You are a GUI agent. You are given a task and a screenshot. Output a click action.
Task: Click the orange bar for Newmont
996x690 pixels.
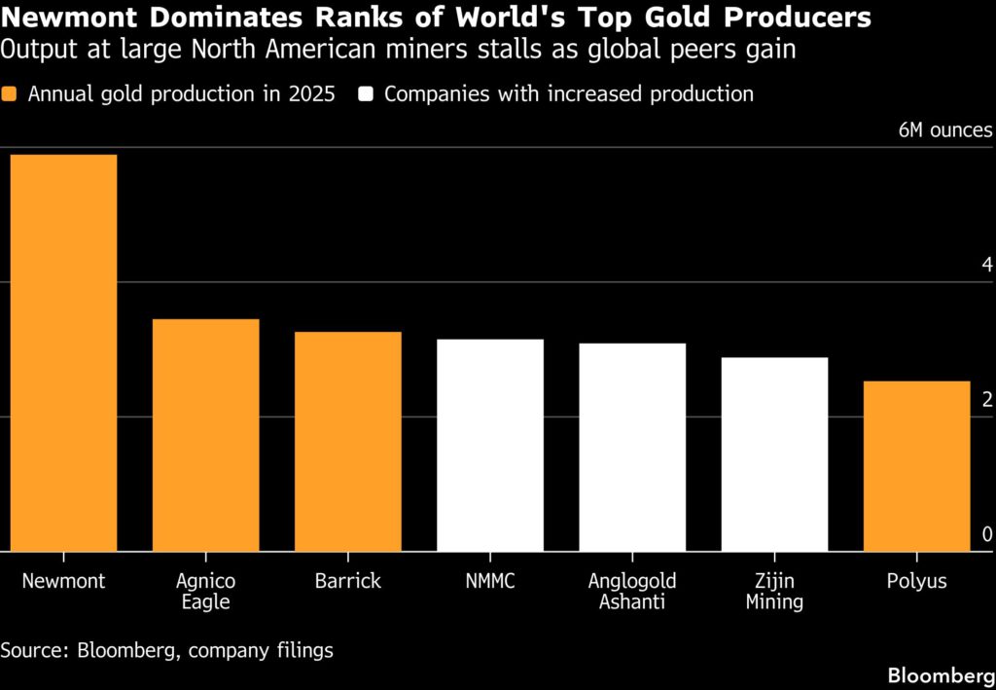[x=63, y=353]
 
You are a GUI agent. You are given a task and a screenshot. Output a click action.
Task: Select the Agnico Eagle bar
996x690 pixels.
[x=205, y=435]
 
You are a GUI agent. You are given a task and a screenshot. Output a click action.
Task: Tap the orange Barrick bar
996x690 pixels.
[x=348, y=442]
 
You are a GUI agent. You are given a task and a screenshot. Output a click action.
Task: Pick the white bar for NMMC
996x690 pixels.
[x=490, y=446]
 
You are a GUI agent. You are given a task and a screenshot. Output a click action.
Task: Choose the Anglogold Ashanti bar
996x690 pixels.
[x=632, y=448]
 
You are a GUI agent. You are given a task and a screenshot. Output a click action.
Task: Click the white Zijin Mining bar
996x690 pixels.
[x=774, y=454]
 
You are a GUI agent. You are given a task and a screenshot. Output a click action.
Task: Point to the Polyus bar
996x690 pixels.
[x=916, y=466]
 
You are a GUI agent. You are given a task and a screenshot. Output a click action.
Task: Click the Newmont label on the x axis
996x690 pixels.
[x=63, y=582]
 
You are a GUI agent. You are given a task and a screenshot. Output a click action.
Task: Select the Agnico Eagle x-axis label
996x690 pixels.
[x=205, y=592]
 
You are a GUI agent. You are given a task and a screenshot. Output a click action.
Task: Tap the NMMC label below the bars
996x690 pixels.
[x=490, y=582]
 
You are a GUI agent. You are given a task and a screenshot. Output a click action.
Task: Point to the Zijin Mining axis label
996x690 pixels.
[x=774, y=592]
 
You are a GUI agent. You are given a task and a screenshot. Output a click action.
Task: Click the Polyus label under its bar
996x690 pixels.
[x=916, y=582]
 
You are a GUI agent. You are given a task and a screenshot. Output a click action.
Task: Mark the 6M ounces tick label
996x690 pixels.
[x=945, y=130]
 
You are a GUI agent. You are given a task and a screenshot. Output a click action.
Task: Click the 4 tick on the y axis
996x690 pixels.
[x=986, y=266]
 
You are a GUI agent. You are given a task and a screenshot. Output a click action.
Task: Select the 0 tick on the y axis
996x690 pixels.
[x=986, y=535]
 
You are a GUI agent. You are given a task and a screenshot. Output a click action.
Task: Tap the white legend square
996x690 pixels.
[x=367, y=94]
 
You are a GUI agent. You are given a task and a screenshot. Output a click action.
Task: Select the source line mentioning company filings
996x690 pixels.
[x=166, y=650]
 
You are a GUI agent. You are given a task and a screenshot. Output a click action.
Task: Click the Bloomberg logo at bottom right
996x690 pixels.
[x=941, y=674]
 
